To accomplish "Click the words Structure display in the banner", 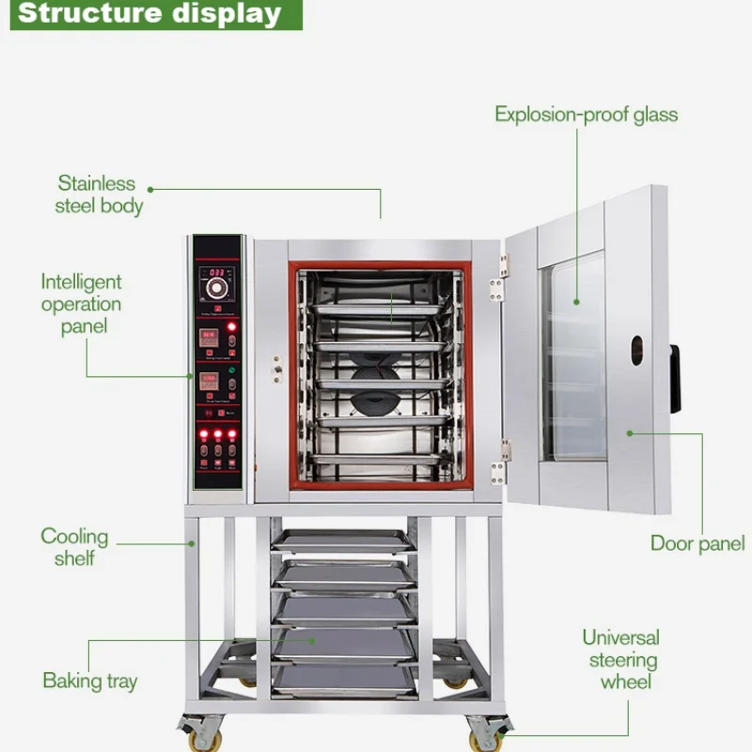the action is [150, 14].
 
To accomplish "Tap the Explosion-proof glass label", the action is [586, 115].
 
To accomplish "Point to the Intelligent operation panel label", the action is [81, 304].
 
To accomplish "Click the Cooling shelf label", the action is [74, 547].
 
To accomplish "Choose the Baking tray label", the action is [89, 681].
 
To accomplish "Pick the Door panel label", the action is [697, 543].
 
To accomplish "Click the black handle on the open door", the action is [675, 379].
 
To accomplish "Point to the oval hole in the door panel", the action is [636, 351].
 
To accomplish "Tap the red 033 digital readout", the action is [219, 273].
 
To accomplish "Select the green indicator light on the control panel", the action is [231, 370].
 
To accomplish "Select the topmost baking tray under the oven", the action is [341, 540].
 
